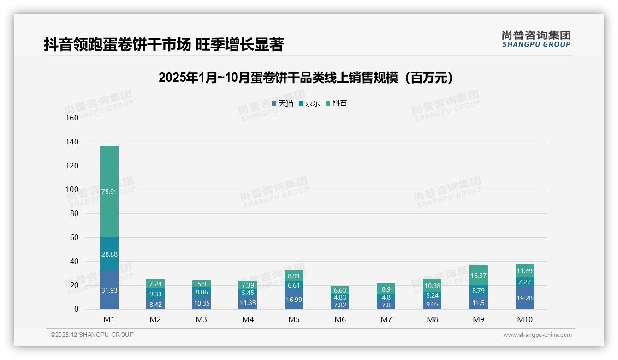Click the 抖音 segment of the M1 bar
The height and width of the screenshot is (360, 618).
[x=109, y=191]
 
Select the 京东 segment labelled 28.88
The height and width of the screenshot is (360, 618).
[x=109, y=254]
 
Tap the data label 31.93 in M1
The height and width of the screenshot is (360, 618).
[x=109, y=290]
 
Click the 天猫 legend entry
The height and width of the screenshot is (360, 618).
[x=282, y=103]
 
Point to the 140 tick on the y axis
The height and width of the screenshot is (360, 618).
[x=72, y=142]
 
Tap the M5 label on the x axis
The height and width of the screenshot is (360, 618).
[x=294, y=319]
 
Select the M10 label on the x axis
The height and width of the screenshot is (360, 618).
[x=524, y=319]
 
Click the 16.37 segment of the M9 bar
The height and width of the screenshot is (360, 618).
[x=478, y=276]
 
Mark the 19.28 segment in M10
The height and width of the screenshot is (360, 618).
[x=524, y=298]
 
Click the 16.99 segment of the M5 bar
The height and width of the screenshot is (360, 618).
[x=294, y=300]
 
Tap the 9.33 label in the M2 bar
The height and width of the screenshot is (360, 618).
[x=155, y=294]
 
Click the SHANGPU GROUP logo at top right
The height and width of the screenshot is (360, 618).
[x=536, y=39]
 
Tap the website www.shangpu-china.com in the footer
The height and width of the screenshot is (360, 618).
[x=537, y=335]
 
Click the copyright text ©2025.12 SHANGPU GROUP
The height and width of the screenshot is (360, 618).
[x=92, y=335]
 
